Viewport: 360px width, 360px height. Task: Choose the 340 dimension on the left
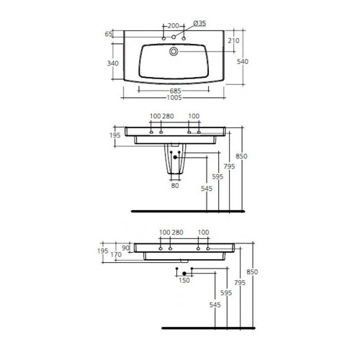point(112,63)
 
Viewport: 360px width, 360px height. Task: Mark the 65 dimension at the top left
point(109,33)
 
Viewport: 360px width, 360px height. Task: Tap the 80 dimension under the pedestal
point(174,186)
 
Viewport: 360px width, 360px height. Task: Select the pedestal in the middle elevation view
point(174,162)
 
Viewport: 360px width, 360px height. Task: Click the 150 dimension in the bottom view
point(184,279)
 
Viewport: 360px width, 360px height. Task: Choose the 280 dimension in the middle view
point(168,116)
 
